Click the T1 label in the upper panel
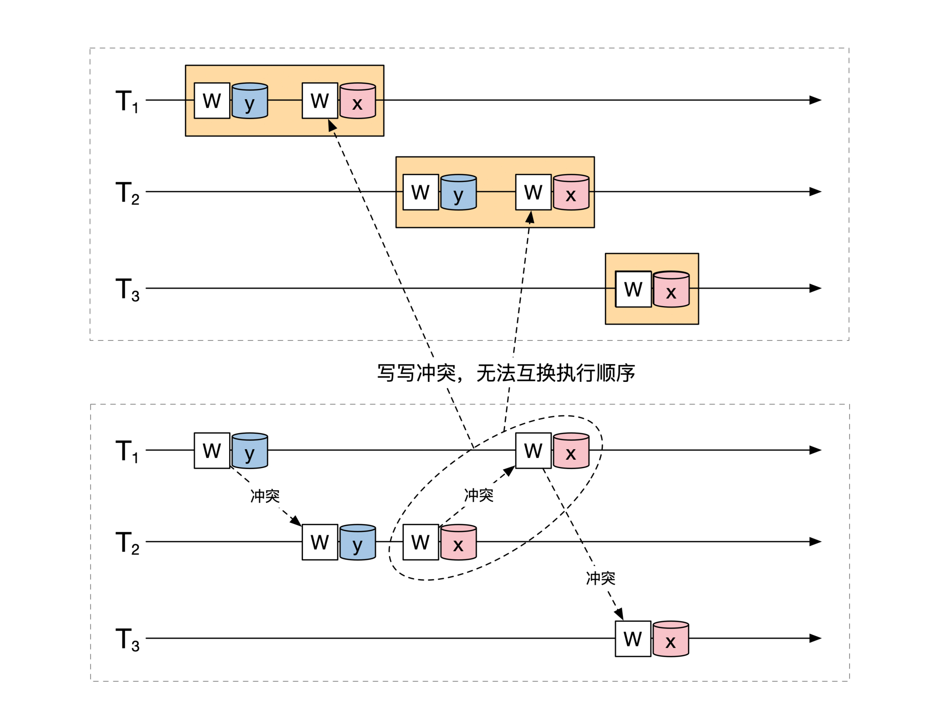pyautogui.click(x=127, y=101)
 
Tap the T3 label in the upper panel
pyautogui.click(x=127, y=289)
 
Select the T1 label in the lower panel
pyautogui.click(x=127, y=451)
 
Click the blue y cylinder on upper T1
pyautogui.click(x=250, y=101)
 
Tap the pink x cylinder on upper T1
pyautogui.click(x=358, y=101)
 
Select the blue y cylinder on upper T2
pyautogui.click(x=459, y=192)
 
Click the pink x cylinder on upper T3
pyautogui.click(x=671, y=290)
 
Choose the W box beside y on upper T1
pyautogui.click(x=212, y=101)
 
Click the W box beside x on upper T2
pyautogui.click(x=533, y=192)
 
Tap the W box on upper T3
pyautogui.click(x=633, y=289)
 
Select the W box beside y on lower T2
pyautogui.click(x=320, y=542)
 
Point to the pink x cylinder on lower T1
pyautogui.click(x=571, y=451)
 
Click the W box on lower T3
pyautogui.click(x=633, y=639)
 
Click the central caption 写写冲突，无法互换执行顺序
pyautogui.click(x=506, y=373)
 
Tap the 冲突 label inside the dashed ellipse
pyautogui.click(x=479, y=495)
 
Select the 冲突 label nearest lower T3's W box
pyautogui.click(x=600, y=578)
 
